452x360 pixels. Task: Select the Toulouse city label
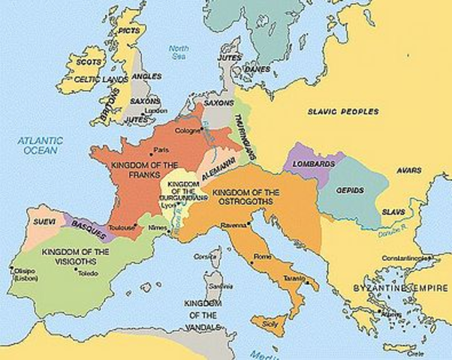pyautogui.click(x=120, y=227)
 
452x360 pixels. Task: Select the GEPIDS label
pyautogui.click(x=349, y=190)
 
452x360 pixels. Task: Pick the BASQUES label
pyautogui.click(x=89, y=226)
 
